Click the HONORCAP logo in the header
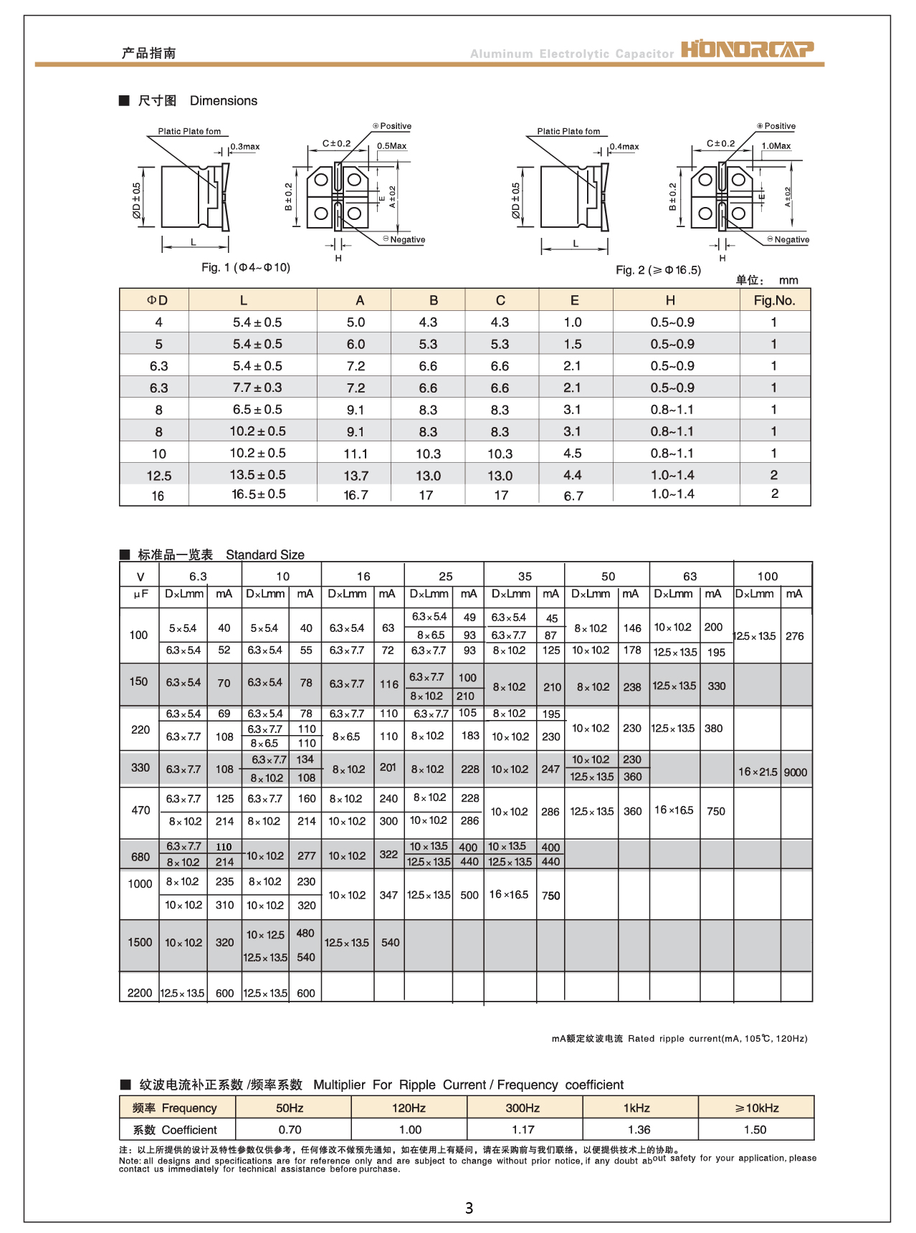coord(747,49)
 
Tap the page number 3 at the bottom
coord(469,1208)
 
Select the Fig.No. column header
coord(774,300)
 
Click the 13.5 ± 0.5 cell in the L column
coord(257,475)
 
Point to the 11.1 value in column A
coord(356,454)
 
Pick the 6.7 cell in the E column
coord(573,496)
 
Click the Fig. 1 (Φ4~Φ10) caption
coord(245,267)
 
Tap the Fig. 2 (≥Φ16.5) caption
coord(658,270)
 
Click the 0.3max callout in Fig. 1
coord(244,147)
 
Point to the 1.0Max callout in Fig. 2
coord(776,146)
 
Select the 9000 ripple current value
coord(795,772)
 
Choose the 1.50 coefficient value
coord(755,1129)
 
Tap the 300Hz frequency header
coord(523,1108)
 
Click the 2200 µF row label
coord(140,993)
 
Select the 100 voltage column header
coord(767,576)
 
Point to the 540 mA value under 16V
coord(390,943)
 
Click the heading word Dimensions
coord(223,101)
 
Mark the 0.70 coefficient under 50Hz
coord(290,1129)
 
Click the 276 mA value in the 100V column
coord(794,636)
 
